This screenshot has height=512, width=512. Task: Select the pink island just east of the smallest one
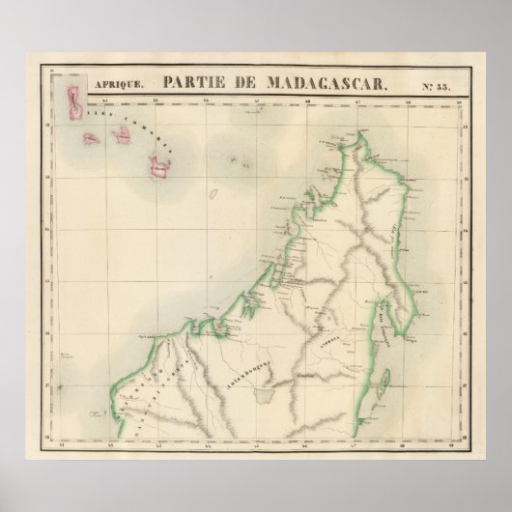125,134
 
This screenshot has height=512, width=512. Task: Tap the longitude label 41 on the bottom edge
64,445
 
